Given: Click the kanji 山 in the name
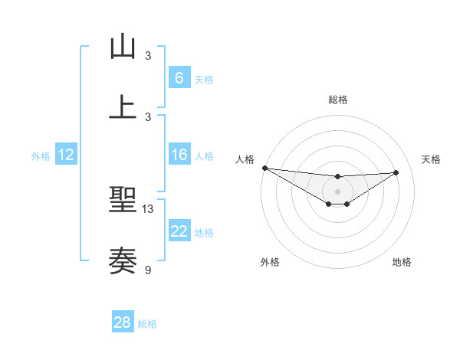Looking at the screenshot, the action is click(x=123, y=47).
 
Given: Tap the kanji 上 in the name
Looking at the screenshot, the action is click(x=123, y=106).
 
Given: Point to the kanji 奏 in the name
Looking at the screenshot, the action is click(x=123, y=260).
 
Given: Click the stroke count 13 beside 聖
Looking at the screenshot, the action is click(x=148, y=209).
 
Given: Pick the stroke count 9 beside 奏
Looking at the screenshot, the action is click(x=148, y=269).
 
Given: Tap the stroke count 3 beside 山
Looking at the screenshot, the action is click(x=148, y=56).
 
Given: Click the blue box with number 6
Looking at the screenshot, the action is click(x=179, y=78).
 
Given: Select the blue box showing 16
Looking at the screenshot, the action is click(x=179, y=155).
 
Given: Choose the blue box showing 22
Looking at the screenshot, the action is click(x=179, y=231).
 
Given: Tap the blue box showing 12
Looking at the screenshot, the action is click(x=65, y=155).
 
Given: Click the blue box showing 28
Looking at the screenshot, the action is click(x=122, y=322).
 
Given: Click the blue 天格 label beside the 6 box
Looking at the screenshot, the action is click(x=204, y=80).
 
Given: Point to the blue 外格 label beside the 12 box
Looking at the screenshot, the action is click(x=41, y=156).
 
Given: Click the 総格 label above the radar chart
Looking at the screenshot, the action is click(x=337, y=100).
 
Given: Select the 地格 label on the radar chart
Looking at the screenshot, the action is click(x=402, y=262).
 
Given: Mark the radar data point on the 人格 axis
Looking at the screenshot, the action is click(x=264, y=168).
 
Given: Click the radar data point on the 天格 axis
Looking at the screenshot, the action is click(x=396, y=172).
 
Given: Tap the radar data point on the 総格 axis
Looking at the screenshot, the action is click(x=337, y=177).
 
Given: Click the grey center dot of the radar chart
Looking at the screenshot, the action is click(x=337, y=191).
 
